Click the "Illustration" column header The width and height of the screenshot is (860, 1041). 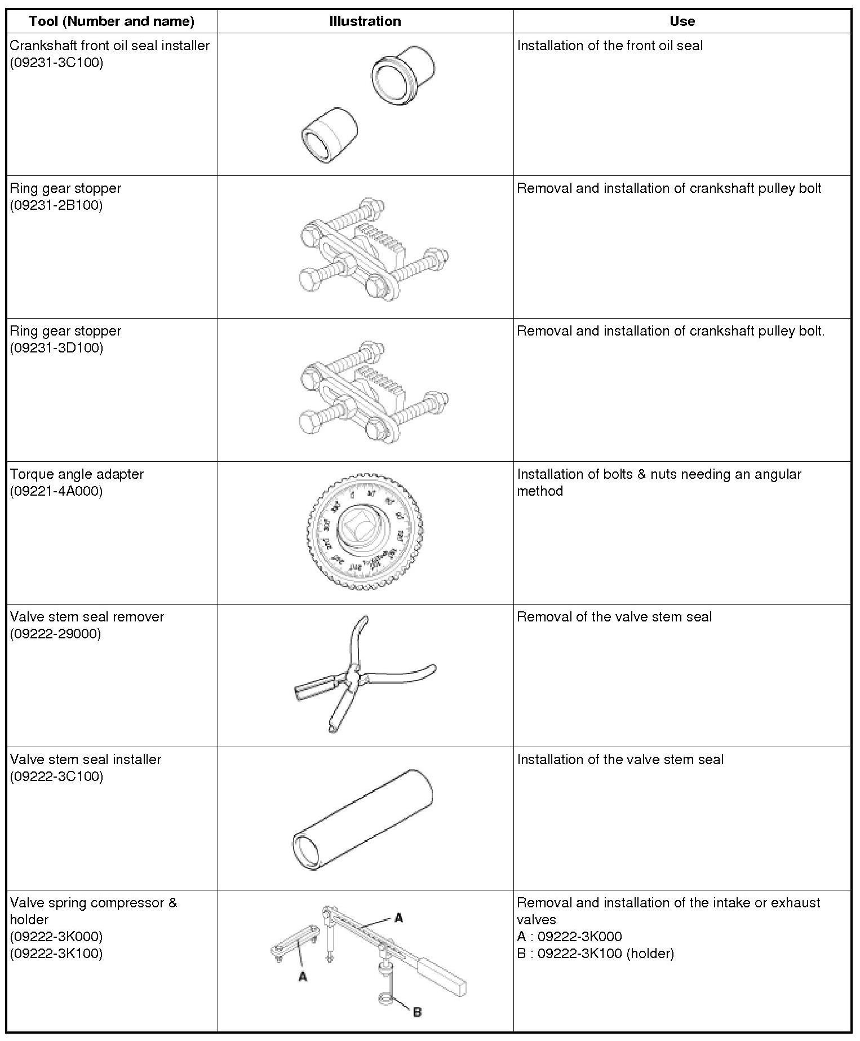(365, 21)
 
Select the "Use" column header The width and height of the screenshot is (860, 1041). (682, 21)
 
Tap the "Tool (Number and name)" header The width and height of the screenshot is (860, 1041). (112, 21)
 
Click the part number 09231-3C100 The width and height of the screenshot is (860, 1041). (56, 63)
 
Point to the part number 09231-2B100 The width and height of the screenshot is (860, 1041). (56, 205)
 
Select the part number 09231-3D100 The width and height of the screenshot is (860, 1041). (56, 348)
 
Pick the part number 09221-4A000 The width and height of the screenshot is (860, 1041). (56, 491)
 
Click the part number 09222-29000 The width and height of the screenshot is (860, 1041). (55, 634)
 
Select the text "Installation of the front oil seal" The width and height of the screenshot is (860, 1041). (610, 46)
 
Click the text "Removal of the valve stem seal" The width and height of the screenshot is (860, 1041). (614, 617)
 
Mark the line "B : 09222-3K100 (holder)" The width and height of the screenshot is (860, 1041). (595, 954)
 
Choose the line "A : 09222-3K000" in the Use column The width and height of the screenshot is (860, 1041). (569, 937)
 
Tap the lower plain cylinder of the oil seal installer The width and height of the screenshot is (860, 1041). (329, 134)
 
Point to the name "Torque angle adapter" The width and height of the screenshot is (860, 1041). (77, 474)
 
